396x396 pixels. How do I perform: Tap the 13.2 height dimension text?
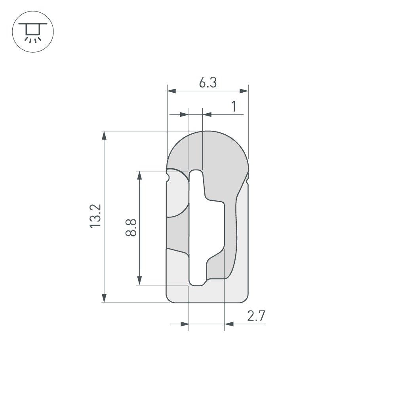point(96,216)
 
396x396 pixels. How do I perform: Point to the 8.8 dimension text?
point(131,227)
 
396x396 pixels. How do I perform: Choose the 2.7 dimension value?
point(256,316)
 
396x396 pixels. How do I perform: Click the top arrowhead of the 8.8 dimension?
point(139,175)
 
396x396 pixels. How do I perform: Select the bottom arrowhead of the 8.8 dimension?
point(139,280)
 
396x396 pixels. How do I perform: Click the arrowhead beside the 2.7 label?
point(229,324)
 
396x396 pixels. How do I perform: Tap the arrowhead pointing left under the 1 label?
point(207,114)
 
